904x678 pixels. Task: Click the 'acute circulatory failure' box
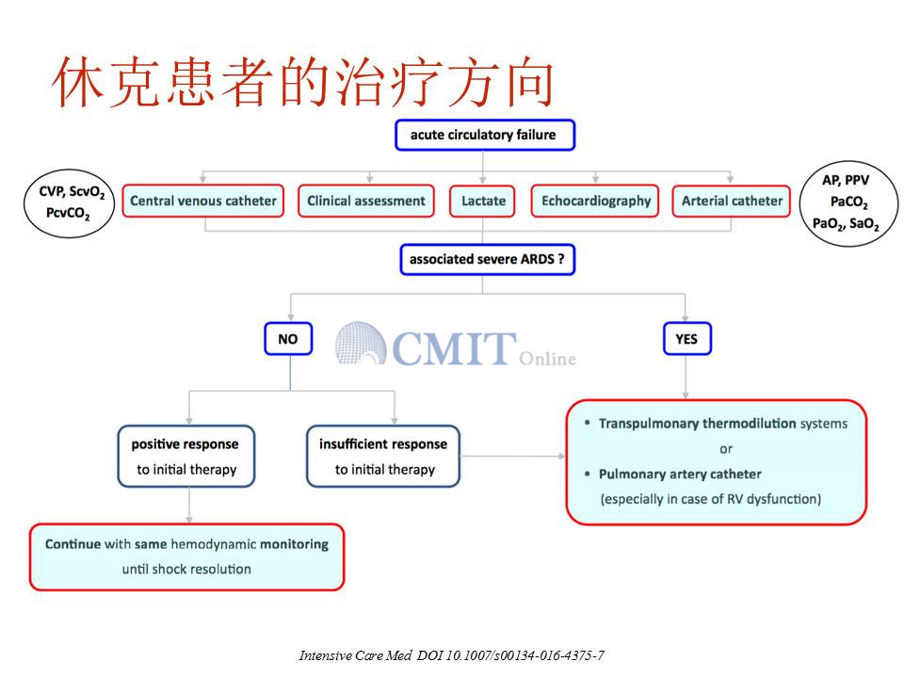(x=485, y=135)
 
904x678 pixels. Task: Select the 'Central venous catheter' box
(x=203, y=201)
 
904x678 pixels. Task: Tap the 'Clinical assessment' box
(x=366, y=201)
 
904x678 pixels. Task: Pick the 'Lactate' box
(x=482, y=201)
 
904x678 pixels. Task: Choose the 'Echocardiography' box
(x=595, y=201)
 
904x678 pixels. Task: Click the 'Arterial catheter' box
(x=731, y=201)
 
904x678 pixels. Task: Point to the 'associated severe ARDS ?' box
(x=487, y=260)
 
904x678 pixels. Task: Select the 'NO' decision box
(x=288, y=338)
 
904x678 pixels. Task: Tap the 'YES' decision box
(x=687, y=338)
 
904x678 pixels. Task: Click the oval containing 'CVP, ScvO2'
(x=69, y=203)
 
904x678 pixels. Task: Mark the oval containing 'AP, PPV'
(x=848, y=203)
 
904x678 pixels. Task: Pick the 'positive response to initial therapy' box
(x=186, y=456)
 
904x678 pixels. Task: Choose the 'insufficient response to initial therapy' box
(x=383, y=456)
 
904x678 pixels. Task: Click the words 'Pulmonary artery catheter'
(x=680, y=474)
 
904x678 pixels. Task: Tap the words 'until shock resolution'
(x=186, y=569)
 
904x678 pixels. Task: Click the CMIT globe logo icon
(x=361, y=344)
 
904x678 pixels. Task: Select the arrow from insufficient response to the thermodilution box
(x=512, y=456)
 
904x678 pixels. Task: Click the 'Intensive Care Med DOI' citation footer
(x=451, y=655)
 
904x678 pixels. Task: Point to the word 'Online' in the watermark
(x=547, y=359)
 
